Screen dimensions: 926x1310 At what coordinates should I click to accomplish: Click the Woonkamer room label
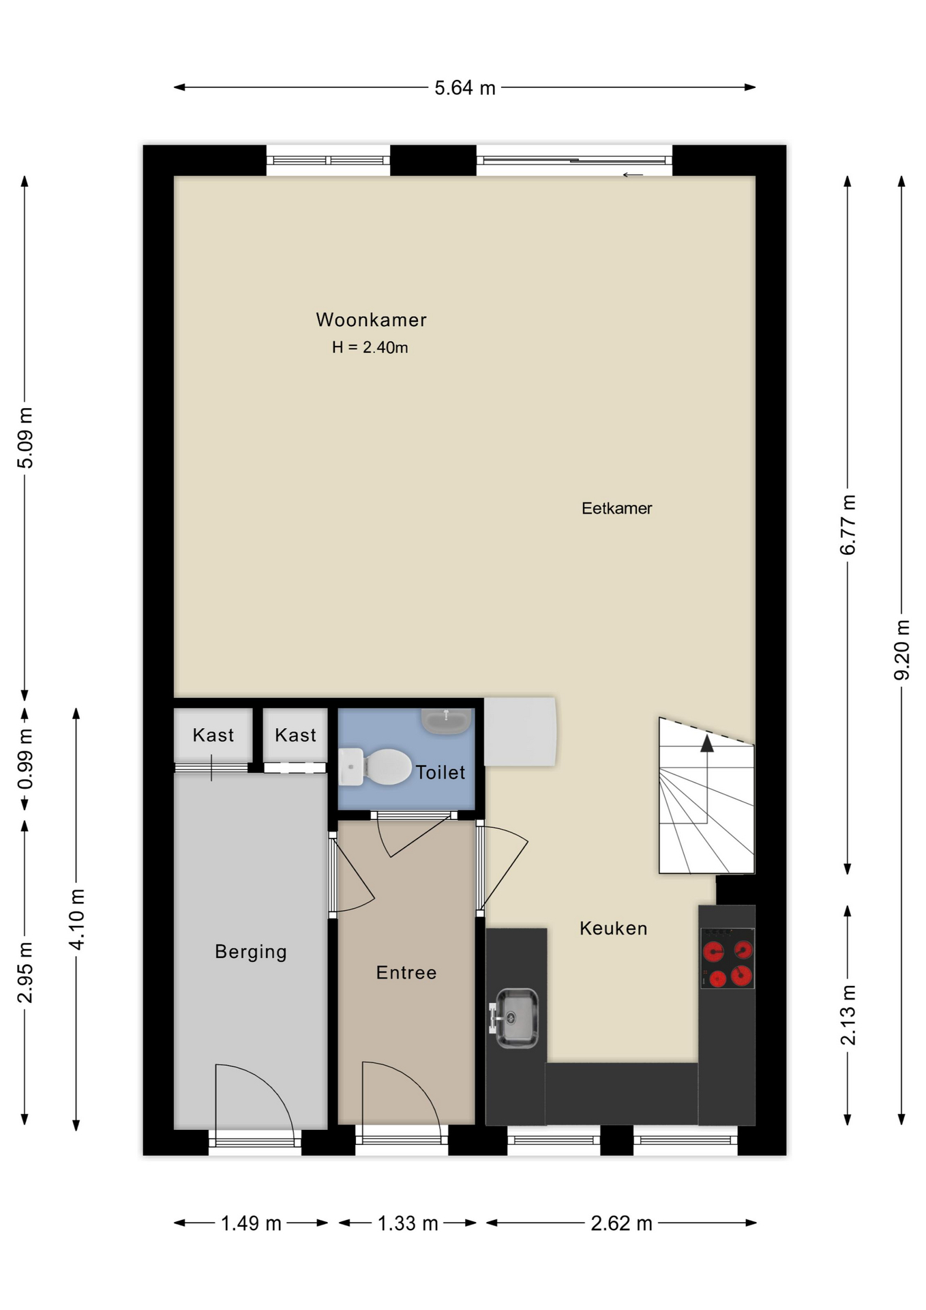click(371, 319)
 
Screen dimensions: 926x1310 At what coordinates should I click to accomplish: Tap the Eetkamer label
click(616, 508)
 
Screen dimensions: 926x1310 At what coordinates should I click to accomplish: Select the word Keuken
click(613, 928)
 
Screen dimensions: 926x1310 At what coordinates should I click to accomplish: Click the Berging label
click(251, 952)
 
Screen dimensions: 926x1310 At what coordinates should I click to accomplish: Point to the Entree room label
click(406, 972)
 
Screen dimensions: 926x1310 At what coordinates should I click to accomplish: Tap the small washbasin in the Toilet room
click(447, 720)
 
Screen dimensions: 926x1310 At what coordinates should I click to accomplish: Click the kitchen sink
click(514, 1018)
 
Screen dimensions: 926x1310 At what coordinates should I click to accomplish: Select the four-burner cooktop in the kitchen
click(728, 958)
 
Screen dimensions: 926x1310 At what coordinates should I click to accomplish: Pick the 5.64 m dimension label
click(465, 88)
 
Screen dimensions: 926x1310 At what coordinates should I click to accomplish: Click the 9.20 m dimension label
click(902, 650)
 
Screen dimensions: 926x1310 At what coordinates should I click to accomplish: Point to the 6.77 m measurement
click(848, 525)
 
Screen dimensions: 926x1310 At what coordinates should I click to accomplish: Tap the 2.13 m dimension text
click(848, 1015)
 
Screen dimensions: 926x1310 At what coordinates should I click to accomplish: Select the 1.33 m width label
click(408, 1223)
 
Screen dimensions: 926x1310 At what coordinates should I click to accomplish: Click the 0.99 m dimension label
click(25, 759)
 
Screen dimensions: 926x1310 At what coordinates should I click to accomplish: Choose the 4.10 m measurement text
click(77, 919)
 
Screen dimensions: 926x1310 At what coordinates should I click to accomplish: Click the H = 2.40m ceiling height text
click(370, 347)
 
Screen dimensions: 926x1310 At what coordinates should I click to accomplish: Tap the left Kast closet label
click(213, 735)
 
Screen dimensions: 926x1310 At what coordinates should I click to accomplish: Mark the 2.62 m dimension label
click(621, 1223)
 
